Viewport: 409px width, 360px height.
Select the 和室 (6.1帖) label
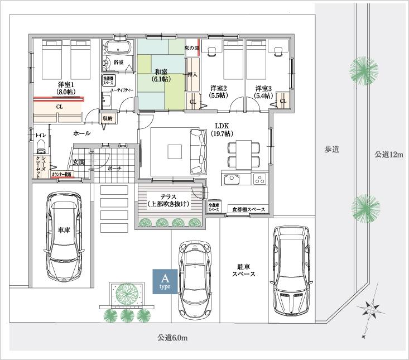click(162, 76)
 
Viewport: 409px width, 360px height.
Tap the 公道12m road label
click(388, 155)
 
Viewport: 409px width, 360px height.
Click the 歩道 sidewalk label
click(333, 149)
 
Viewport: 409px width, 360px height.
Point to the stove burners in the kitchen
click(260, 179)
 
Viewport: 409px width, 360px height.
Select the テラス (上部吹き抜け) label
click(169, 200)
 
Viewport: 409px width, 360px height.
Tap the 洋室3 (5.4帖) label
click(264, 92)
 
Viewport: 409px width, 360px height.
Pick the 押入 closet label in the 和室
click(191, 74)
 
